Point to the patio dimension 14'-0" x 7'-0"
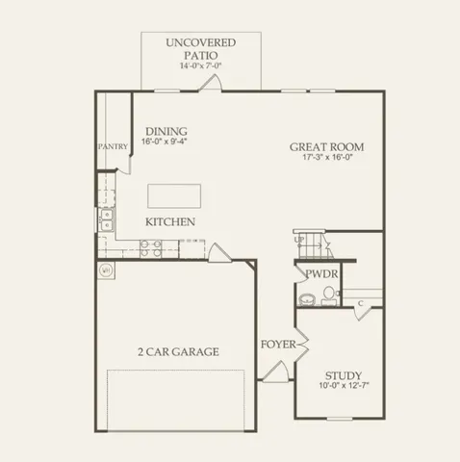200,66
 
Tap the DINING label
166,131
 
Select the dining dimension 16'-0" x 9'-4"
166,141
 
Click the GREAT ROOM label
327,147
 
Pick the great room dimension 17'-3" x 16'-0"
327,158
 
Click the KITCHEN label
170,222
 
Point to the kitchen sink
106,219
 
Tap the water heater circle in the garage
105,270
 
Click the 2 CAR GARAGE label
177,351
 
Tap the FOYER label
277,344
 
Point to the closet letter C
359,304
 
